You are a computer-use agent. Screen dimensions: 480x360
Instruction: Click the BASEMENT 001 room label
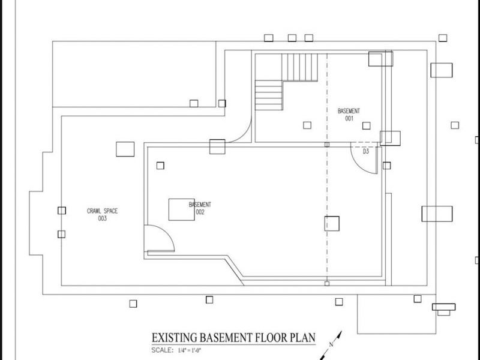(349, 115)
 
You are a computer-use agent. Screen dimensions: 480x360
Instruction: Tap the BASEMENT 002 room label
(200, 208)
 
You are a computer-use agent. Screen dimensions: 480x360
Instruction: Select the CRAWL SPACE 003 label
(102, 214)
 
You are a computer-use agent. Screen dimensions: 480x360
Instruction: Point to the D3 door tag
(366, 151)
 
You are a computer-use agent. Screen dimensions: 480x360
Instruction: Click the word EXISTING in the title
(175, 338)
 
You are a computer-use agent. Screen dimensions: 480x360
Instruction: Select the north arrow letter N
(331, 344)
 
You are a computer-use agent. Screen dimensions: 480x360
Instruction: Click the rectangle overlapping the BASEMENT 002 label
(182, 209)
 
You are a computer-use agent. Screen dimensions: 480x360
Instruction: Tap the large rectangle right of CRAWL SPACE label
(125, 149)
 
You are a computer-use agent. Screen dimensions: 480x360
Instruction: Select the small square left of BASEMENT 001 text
(307, 125)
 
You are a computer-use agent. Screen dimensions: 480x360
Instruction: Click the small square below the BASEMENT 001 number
(367, 125)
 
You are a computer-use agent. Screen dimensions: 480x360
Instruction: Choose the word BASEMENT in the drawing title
(226, 338)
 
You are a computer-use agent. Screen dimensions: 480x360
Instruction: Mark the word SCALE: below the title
(162, 350)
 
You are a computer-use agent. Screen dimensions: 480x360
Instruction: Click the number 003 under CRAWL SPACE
(102, 218)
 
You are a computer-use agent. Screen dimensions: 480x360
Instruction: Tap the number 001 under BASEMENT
(349, 119)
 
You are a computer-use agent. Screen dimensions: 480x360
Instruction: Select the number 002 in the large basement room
(200, 212)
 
